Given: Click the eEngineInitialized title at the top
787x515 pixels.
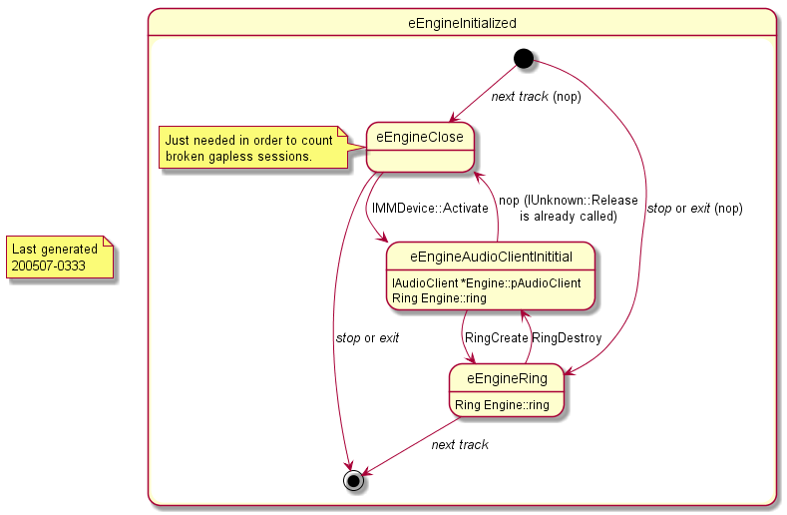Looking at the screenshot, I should (462, 22).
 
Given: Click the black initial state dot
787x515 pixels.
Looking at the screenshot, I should (524, 58).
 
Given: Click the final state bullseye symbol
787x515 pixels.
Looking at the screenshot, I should (353, 480).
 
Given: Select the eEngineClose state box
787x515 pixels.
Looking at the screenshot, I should (419, 148).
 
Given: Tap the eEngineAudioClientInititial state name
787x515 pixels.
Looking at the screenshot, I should (490, 257).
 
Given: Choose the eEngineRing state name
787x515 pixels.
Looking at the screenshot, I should (507, 377).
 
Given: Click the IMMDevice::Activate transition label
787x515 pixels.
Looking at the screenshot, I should (430, 209).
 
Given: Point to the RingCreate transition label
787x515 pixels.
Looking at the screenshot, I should (497, 338).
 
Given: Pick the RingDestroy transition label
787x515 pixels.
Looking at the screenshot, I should (567, 338).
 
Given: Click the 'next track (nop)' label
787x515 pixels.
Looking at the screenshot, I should (536, 97).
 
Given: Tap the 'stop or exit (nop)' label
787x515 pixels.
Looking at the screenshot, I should (694, 209).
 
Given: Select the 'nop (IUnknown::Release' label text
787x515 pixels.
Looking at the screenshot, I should (568, 201).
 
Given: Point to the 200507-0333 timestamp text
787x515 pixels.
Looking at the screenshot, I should (49, 266).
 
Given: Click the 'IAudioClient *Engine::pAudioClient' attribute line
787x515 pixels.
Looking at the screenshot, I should (487, 282).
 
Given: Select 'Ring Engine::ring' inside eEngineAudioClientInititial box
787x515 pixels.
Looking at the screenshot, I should (440, 297).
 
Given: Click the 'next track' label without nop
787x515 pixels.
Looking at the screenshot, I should (460, 444).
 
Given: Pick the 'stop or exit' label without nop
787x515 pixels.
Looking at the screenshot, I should (367, 338).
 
